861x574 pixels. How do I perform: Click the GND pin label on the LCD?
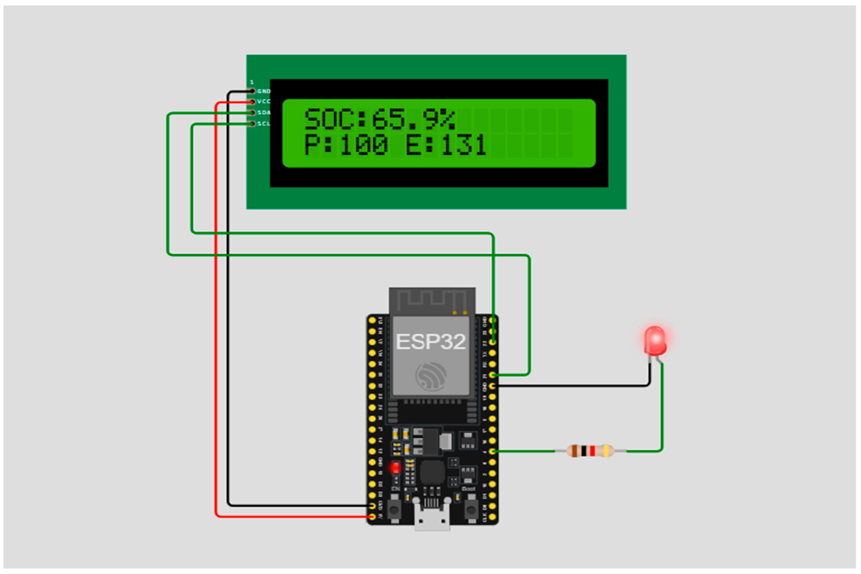click(x=264, y=91)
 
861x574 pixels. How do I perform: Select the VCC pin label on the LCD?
click(x=264, y=101)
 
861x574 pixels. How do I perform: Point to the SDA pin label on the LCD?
click(x=264, y=112)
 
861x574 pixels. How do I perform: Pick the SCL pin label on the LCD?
click(x=264, y=124)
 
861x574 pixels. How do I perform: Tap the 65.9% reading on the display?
click(x=413, y=119)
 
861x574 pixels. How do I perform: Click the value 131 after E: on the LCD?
click(x=464, y=145)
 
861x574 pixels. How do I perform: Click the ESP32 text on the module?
click(x=431, y=342)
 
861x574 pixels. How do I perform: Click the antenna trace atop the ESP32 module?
click(x=432, y=298)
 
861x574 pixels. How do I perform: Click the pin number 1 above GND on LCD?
click(x=252, y=82)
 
